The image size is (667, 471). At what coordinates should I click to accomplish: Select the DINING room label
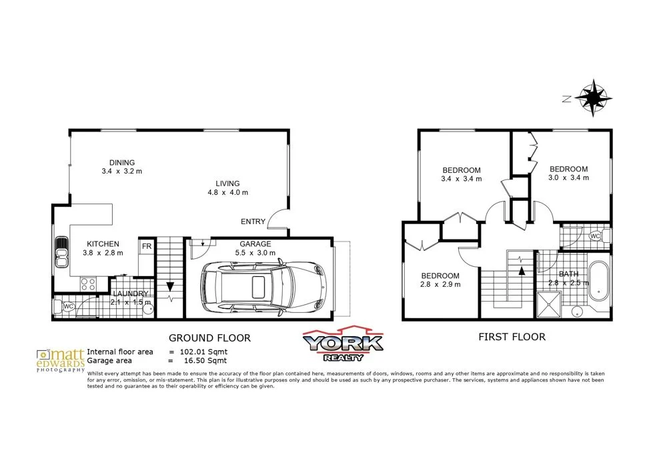point(122,162)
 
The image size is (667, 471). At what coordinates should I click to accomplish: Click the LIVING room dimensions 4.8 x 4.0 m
point(227,193)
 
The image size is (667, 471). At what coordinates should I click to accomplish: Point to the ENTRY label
point(253,222)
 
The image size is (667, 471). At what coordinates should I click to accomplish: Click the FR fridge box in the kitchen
point(145,246)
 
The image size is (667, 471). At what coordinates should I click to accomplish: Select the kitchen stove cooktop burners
point(88,284)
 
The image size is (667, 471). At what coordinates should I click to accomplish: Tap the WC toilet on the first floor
point(596,236)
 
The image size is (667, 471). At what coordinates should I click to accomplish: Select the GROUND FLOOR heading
point(209,338)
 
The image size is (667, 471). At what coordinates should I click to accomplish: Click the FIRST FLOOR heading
point(512,337)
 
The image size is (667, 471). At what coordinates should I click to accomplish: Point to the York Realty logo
point(343,346)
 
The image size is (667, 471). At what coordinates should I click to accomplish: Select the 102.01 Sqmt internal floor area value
point(204,351)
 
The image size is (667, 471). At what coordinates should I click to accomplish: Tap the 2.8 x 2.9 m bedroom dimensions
point(440,285)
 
